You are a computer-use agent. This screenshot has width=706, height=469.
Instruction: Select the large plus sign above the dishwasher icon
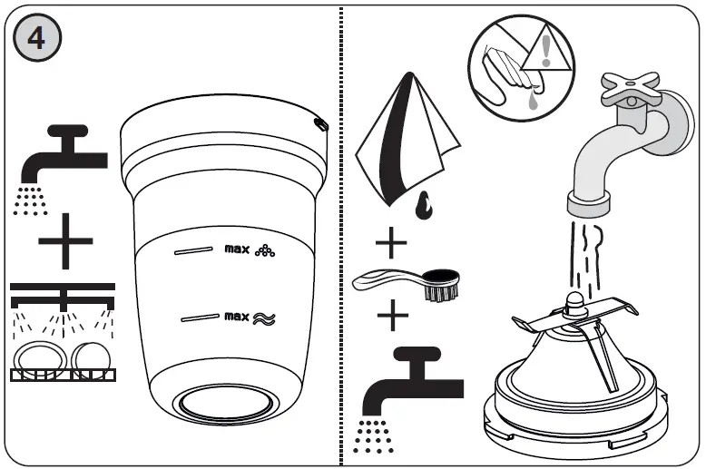tap(64, 241)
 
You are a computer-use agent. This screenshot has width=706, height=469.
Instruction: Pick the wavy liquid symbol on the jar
tap(264, 318)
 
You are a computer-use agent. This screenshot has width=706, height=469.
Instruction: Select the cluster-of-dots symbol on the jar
tap(265, 250)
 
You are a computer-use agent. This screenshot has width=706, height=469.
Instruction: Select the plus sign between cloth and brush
tap(392, 244)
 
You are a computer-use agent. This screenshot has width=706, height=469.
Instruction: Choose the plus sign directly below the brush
tap(392, 317)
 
